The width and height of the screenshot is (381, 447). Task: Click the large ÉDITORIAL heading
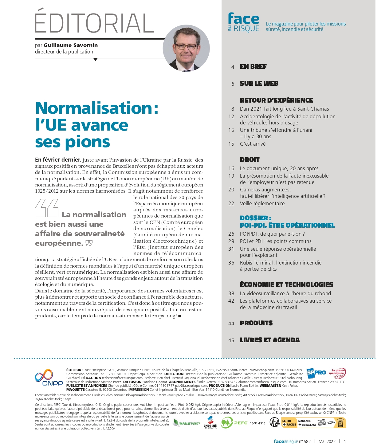[94, 23]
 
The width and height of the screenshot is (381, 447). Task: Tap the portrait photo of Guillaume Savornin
[186, 49]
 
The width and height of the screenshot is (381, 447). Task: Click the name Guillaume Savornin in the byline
[71, 45]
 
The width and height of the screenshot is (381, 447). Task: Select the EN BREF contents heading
[253, 67]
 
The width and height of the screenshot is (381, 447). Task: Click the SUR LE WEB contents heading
[259, 84]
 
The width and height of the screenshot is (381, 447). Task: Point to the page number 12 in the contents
[231, 117]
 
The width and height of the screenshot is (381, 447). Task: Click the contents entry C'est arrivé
[253, 144]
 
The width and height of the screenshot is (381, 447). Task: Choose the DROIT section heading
[249, 160]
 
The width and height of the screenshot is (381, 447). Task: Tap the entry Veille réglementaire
[262, 203]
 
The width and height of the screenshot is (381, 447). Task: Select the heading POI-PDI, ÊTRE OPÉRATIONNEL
[287, 225]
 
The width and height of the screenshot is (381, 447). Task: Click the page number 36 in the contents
[231, 263]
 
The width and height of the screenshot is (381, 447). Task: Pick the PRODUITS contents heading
[256, 323]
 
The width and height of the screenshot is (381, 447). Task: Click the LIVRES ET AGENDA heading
[270, 340]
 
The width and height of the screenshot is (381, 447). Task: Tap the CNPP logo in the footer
[48, 378]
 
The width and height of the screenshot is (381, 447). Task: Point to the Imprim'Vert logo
[187, 423]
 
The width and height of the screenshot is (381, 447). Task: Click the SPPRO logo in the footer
[316, 373]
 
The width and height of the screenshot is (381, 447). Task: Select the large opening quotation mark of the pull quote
[47, 208]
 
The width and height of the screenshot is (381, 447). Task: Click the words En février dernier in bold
[58, 160]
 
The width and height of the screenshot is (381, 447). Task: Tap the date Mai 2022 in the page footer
[327, 441]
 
